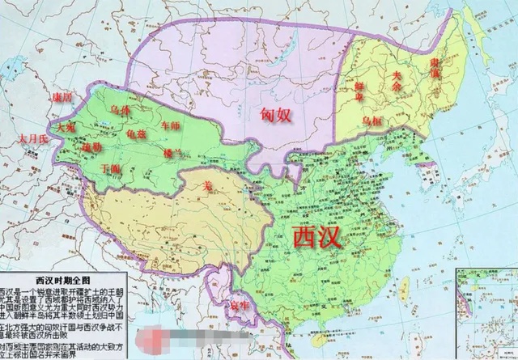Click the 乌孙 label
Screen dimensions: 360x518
point(121,108)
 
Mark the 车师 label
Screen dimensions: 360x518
point(170,125)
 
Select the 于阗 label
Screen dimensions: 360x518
point(113,168)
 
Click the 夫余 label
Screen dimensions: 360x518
point(397,75)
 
